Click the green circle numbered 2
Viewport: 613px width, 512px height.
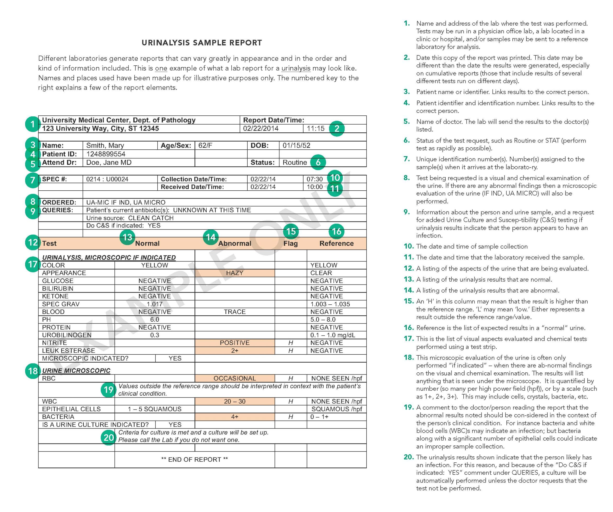click(337, 128)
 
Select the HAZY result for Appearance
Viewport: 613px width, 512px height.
click(234, 273)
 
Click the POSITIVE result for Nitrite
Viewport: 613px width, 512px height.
click(234, 343)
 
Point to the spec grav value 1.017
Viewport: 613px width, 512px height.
click(154, 304)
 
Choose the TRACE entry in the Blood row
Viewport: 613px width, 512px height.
click(234, 312)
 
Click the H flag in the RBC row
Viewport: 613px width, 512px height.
click(290, 378)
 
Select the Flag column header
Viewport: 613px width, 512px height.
click(290, 244)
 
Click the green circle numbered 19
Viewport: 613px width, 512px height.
click(108, 390)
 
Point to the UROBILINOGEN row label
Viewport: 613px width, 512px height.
click(67, 335)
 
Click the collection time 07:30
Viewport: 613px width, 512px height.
click(314, 179)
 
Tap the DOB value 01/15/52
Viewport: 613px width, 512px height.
click(296, 145)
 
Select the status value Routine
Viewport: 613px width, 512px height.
click(295, 162)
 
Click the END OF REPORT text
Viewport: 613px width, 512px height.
click(194, 460)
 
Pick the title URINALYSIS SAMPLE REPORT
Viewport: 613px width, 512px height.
click(202, 43)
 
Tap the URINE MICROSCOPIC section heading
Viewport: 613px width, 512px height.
click(76, 371)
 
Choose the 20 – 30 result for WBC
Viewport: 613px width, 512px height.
click(234, 401)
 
